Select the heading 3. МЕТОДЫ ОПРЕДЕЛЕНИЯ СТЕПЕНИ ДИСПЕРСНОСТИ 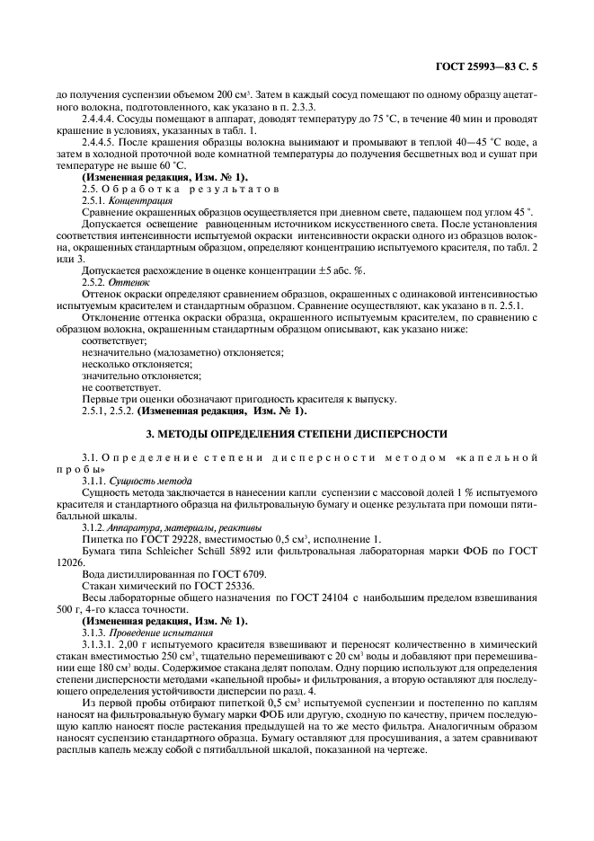297,433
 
